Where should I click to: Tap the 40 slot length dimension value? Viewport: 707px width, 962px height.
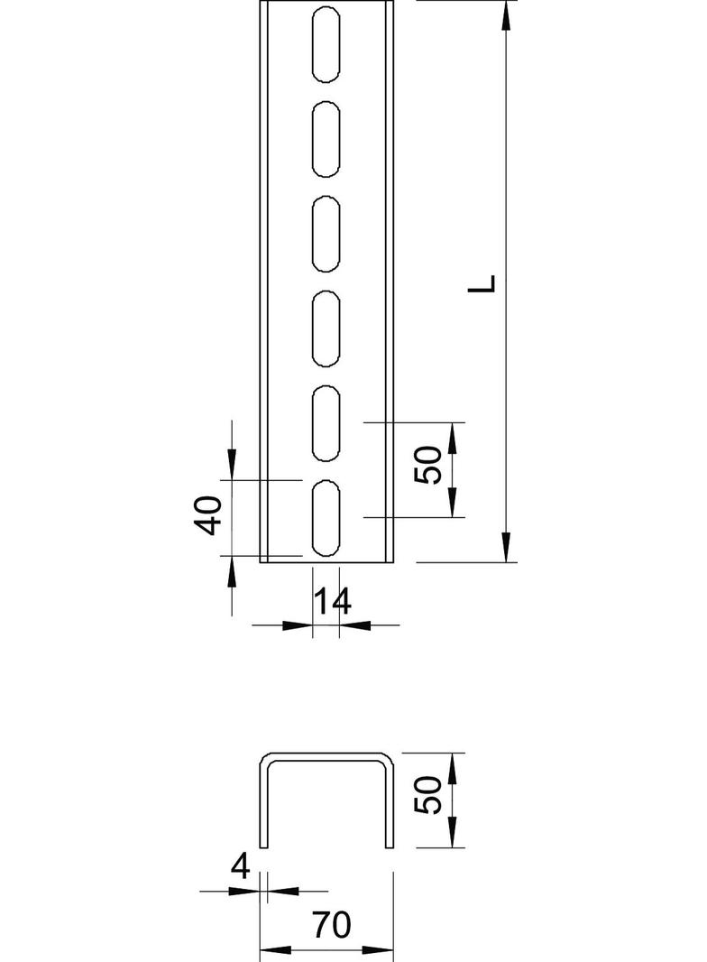click(210, 515)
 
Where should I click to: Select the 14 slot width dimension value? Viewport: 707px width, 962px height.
click(331, 601)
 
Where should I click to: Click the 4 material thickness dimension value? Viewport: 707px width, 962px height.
click(239, 866)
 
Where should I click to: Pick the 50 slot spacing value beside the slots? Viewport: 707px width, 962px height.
click(432, 466)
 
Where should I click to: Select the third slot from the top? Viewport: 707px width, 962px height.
click(326, 233)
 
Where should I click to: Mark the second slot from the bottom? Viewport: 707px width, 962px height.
click(326, 422)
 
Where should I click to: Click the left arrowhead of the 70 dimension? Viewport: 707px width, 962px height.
click(273, 950)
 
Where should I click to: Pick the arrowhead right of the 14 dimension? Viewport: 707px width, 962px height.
click(353, 624)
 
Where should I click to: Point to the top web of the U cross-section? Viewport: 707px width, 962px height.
click(326, 755)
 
